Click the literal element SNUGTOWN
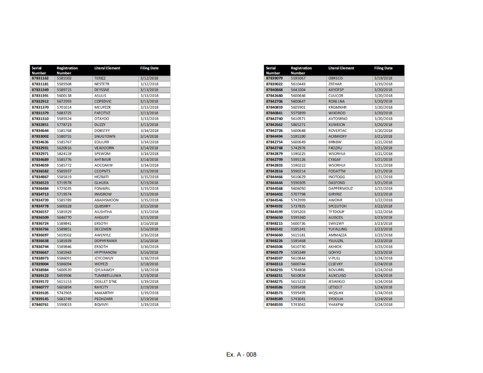(x=105, y=136)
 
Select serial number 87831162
(x=40, y=78)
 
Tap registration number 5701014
(x=64, y=107)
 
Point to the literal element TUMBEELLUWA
(x=107, y=276)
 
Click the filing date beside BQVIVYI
(x=149, y=305)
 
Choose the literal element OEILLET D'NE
(x=106, y=281)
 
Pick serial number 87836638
(x=40, y=241)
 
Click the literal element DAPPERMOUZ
(x=343, y=189)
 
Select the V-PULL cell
(x=334, y=258)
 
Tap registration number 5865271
(x=298, y=125)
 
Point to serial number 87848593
(x=274, y=305)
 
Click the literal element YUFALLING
(x=337, y=229)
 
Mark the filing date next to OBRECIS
(x=383, y=78)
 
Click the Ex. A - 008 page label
(x=241, y=355)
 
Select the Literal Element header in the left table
(x=107, y=68)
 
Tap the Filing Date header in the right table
(x=383, y=68)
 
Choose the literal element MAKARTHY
(x=104, y=293)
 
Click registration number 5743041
(x=298, y=299)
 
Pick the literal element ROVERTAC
(x=337, y=131)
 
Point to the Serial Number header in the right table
(x=272, y=70)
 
